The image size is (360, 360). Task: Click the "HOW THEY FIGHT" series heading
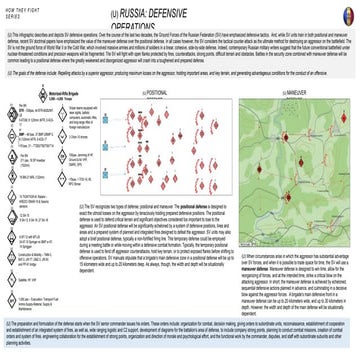point(21,10)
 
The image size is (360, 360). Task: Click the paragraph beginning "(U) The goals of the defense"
point(180,77)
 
